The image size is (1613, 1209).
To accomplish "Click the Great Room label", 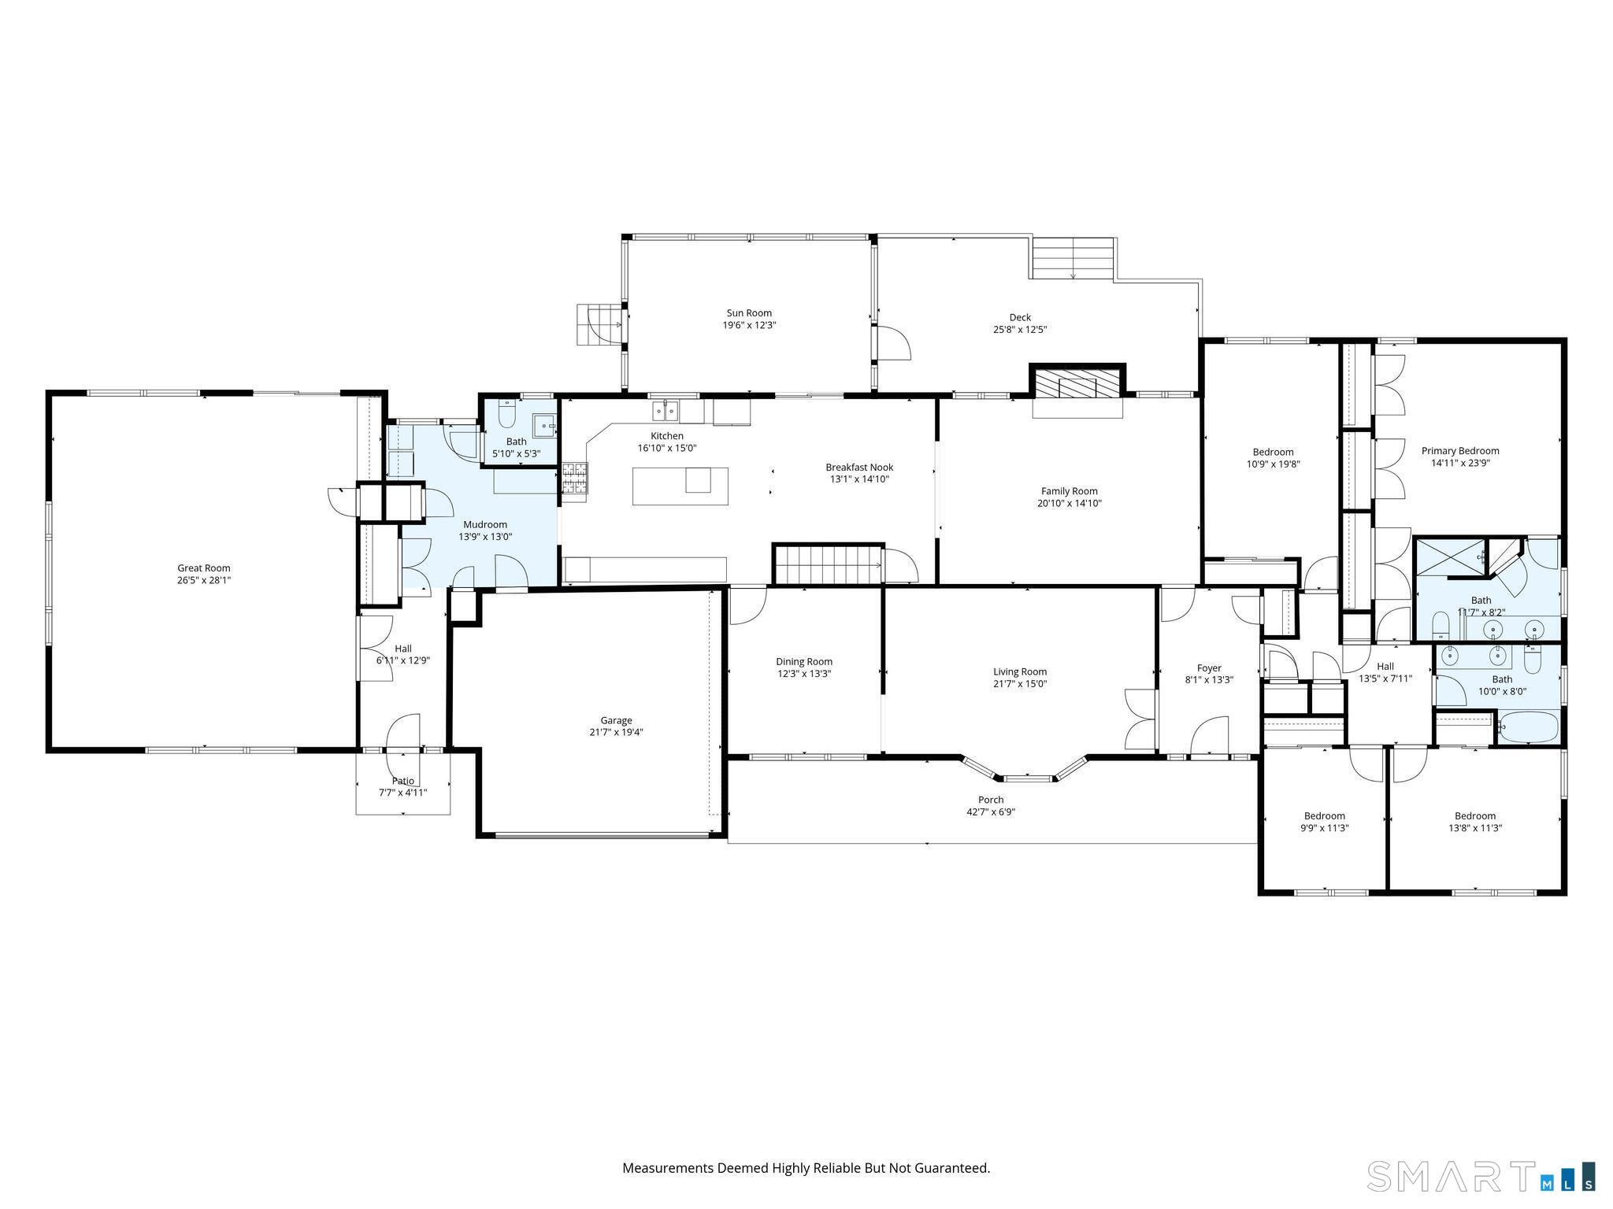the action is (204, 568).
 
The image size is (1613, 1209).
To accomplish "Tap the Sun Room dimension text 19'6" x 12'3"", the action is (750, 325).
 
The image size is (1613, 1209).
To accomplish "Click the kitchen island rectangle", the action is (680, 486).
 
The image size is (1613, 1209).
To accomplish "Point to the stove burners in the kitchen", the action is (574, 479).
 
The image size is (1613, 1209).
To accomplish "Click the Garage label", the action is (617, 720).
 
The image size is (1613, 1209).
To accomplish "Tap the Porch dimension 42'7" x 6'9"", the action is (991, 812).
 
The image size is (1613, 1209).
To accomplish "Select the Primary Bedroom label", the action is (1460, 451).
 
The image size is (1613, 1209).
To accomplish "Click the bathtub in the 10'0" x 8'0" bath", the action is (1528, 727).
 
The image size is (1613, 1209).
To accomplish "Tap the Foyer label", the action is (1209, 668).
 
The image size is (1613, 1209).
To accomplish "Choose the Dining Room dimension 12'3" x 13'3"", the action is (804, 674).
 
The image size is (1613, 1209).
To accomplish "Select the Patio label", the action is (403, 781).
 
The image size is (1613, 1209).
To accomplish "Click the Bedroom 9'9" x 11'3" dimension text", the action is (1325, 828).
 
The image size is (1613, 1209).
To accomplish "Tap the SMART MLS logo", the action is (1481, 1176).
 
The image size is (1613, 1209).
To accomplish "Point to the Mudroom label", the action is (485, 525).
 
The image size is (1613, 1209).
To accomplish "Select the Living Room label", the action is (1020, 672).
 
